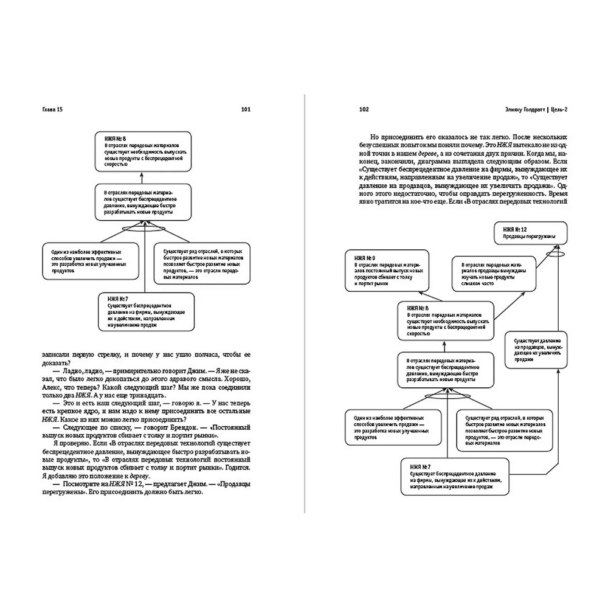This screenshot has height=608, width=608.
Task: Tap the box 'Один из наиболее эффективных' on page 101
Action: coord(83,263)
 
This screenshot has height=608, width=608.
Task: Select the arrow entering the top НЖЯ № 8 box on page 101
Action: coord(140,178)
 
